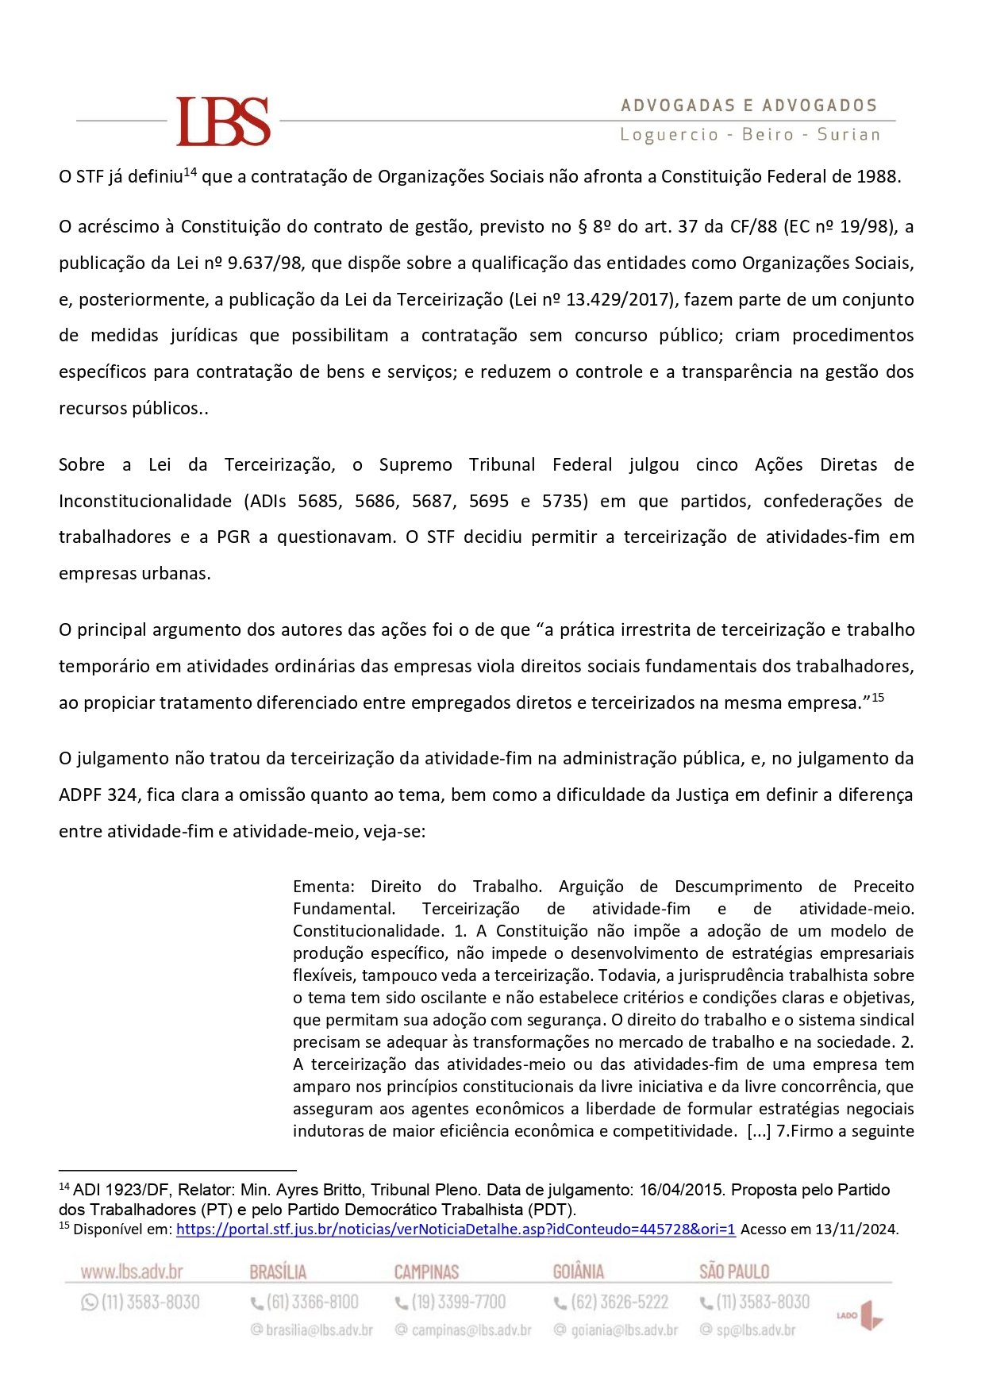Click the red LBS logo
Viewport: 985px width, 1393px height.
click(223, 121)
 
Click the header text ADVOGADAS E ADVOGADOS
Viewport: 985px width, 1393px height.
click(748, 106)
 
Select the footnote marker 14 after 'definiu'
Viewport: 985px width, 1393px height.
click(190, 171)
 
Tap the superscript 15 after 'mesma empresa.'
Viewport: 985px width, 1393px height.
click(877, 698)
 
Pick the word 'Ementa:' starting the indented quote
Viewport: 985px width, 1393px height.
click(323, 887)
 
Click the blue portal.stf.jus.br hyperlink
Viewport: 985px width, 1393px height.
click(456, 1229)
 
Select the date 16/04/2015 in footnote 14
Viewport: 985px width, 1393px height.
click(680, 1191)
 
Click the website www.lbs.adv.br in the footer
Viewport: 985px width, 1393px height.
click(132, 1272)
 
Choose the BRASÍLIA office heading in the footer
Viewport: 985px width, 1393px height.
click(278, 1272)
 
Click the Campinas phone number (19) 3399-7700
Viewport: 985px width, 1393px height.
click(458, 1303)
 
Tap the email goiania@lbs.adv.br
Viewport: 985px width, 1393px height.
click(624, 1330)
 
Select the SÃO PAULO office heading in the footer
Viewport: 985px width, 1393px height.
click(734, 1272)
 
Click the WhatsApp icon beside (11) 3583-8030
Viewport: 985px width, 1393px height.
click(89, 1303)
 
